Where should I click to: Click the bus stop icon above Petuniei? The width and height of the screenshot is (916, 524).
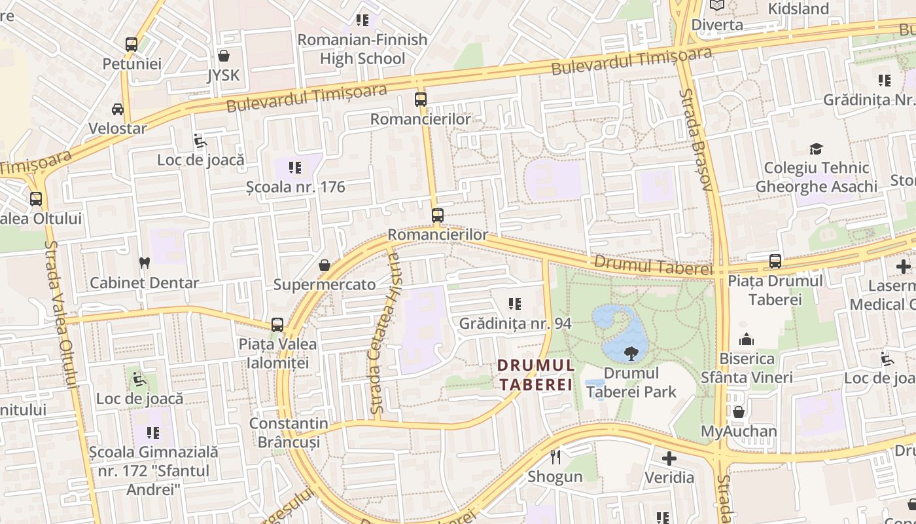[x=132, y=45]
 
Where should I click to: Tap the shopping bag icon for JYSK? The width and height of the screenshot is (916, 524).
[x=224, y=56]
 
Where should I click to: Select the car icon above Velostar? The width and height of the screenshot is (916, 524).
[x=118, y=109]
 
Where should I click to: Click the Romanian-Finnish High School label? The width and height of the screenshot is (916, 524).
[x=362, y=49]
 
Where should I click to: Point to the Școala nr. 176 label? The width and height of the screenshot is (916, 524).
[x=295, y=187]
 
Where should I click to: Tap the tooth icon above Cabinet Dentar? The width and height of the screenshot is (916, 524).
[x=145, y=263]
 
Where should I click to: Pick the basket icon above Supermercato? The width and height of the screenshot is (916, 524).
[x=324, y=265]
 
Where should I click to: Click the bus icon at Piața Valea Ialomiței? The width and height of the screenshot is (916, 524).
[x=277, y=325]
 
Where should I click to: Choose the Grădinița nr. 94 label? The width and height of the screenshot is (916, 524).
[x=515, y=323]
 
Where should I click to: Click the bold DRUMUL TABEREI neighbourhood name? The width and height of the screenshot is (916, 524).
[x=535, y=375]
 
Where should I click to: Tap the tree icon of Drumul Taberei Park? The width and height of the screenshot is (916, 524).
[x=631, y=354]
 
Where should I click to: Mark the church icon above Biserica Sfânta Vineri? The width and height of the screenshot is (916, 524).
[x=747, y=339]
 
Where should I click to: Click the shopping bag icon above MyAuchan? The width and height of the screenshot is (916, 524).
[x=739, y=412]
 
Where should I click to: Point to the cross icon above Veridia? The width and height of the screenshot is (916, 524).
[x=669, y=458]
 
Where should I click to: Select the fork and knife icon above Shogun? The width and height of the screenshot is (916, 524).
[x=555, y=457]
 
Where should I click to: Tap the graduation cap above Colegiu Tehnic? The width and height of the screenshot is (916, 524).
[x=816, y=149]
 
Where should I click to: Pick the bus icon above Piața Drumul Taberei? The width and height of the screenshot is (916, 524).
[x=775, y=261]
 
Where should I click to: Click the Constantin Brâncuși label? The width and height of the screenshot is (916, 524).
[x=289, y=432]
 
